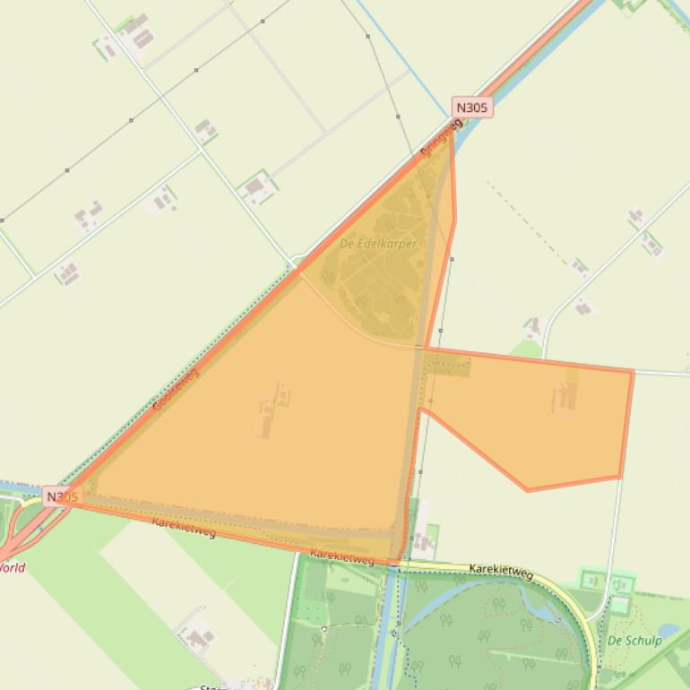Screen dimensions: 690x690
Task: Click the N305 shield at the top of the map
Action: coord(471,108)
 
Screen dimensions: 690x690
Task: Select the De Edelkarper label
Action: coord(378,244)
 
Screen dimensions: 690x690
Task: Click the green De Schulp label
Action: coord(634,641)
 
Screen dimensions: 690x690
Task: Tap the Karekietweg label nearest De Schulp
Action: coord(501,572)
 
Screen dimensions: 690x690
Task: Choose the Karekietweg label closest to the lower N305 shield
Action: coord(184,528)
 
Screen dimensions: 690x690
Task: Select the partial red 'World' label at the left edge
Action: coord(13,567)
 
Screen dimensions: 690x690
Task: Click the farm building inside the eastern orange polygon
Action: coord(565,397)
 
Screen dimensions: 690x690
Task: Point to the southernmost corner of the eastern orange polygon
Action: coord(528,490)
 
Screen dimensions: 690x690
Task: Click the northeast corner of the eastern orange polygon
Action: coord(633,371)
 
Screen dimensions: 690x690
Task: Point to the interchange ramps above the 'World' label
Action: coord(22,529)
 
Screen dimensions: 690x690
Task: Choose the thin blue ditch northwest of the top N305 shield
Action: coord(403,54)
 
